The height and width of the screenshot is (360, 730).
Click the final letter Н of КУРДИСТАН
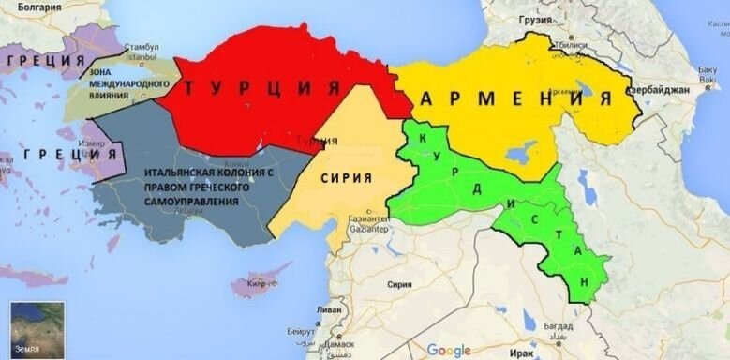click(587, 281)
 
